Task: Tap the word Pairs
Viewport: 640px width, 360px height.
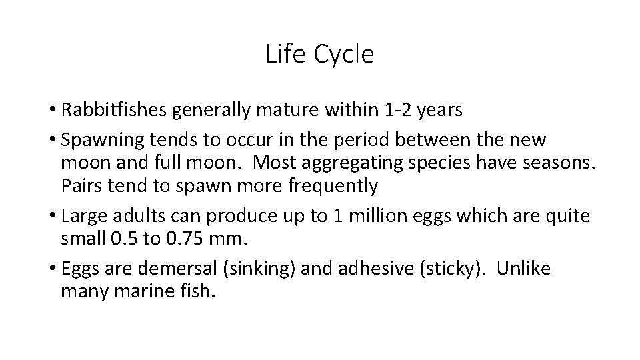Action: point(79,185)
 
